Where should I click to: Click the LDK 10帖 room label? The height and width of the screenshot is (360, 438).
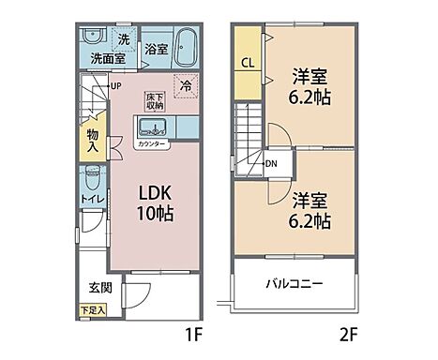[155, 202]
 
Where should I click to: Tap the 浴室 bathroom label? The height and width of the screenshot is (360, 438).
[156, 50]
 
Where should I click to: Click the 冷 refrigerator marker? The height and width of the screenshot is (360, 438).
[186, 85]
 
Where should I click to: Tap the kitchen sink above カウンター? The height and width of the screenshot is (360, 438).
[153, 127]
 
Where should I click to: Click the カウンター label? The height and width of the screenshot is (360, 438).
[153, 144]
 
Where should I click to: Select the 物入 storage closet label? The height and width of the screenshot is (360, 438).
[93, 139]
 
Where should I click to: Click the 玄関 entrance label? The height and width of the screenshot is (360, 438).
[100, 287]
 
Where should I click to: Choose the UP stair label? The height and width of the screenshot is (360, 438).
[115, 87]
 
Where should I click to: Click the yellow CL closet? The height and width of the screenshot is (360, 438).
[246, 64]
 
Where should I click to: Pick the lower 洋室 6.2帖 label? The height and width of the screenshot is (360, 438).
[309, 210]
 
